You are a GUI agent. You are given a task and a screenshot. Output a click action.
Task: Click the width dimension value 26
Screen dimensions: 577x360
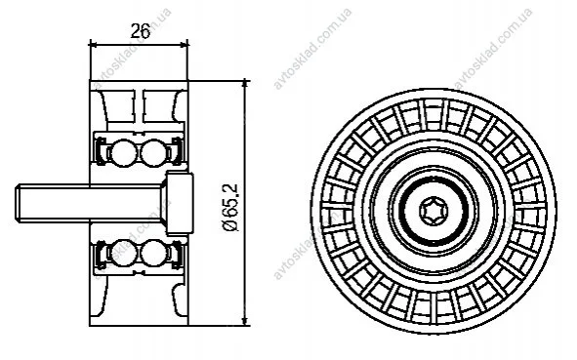(141, 31)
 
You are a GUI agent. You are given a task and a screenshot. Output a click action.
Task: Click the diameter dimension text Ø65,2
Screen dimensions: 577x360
(231, 208)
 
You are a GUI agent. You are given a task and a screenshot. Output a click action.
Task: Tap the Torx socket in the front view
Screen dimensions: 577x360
(433, 211)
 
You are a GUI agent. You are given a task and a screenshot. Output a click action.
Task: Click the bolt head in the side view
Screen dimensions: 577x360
(180, 203)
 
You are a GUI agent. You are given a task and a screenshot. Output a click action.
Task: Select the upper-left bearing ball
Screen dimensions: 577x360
(123, 152)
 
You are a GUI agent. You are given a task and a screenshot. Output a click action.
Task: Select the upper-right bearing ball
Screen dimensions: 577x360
(154, 152)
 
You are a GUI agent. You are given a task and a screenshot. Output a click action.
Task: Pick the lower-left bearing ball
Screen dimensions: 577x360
(123, 253)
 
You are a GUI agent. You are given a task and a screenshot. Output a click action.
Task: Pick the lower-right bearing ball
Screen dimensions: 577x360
(154, 253)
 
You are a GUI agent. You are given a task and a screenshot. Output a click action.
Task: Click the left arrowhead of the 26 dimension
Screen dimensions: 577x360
(93, 45)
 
